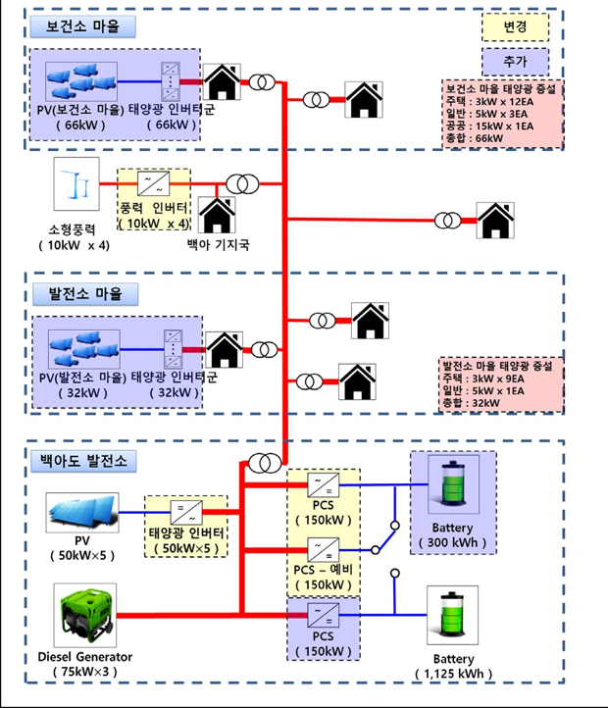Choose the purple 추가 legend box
[x=514, y=61]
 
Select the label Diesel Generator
[x=85, y=656]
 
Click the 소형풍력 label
[x=77, y=228]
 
